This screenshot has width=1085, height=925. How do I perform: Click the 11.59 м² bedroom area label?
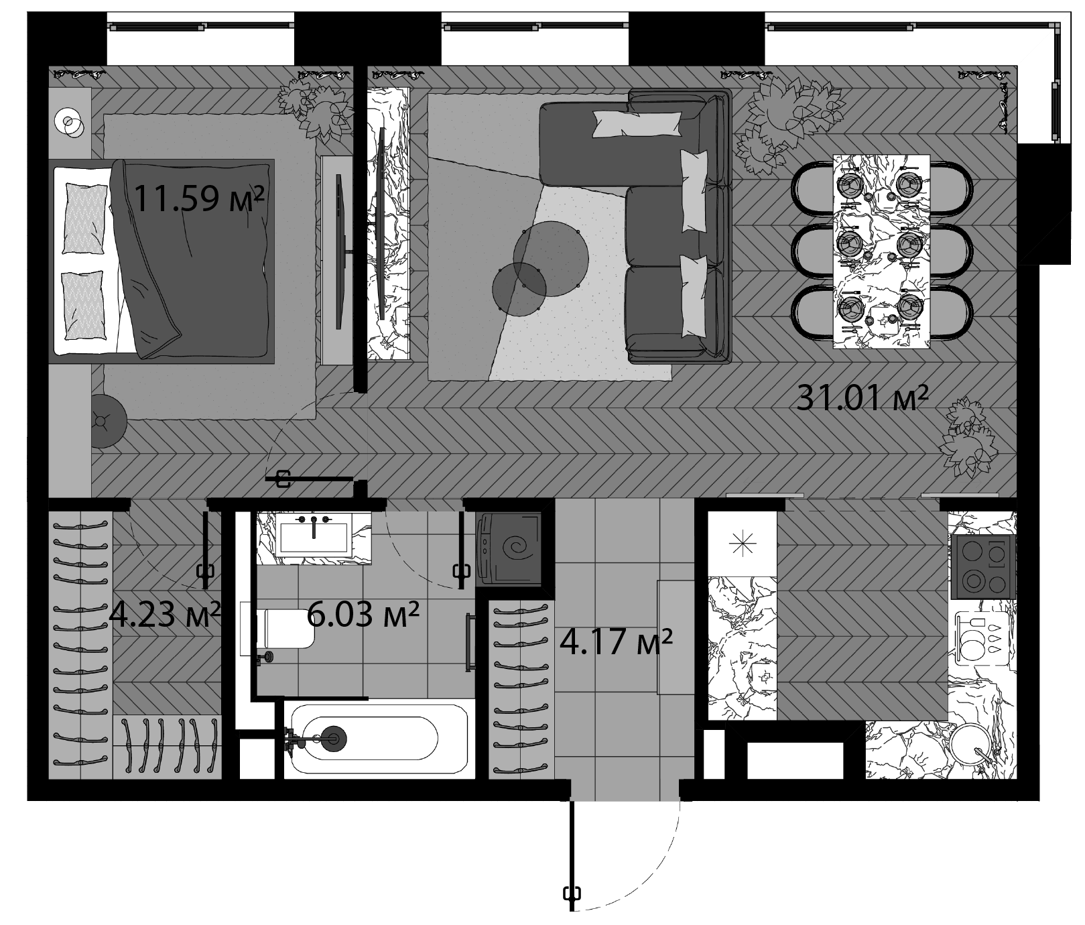(x=199, y=198)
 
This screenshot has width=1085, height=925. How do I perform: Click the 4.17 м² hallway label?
(x=616, y=643)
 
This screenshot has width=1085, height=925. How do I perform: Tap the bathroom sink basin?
(x=314, y=537)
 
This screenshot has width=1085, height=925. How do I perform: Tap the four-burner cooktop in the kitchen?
(x=982, y=566)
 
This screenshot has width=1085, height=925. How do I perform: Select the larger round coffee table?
(x=551, y=255)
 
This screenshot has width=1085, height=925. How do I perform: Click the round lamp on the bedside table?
(x=69, y=123)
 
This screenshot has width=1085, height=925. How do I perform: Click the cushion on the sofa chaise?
(x=634, y=125)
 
